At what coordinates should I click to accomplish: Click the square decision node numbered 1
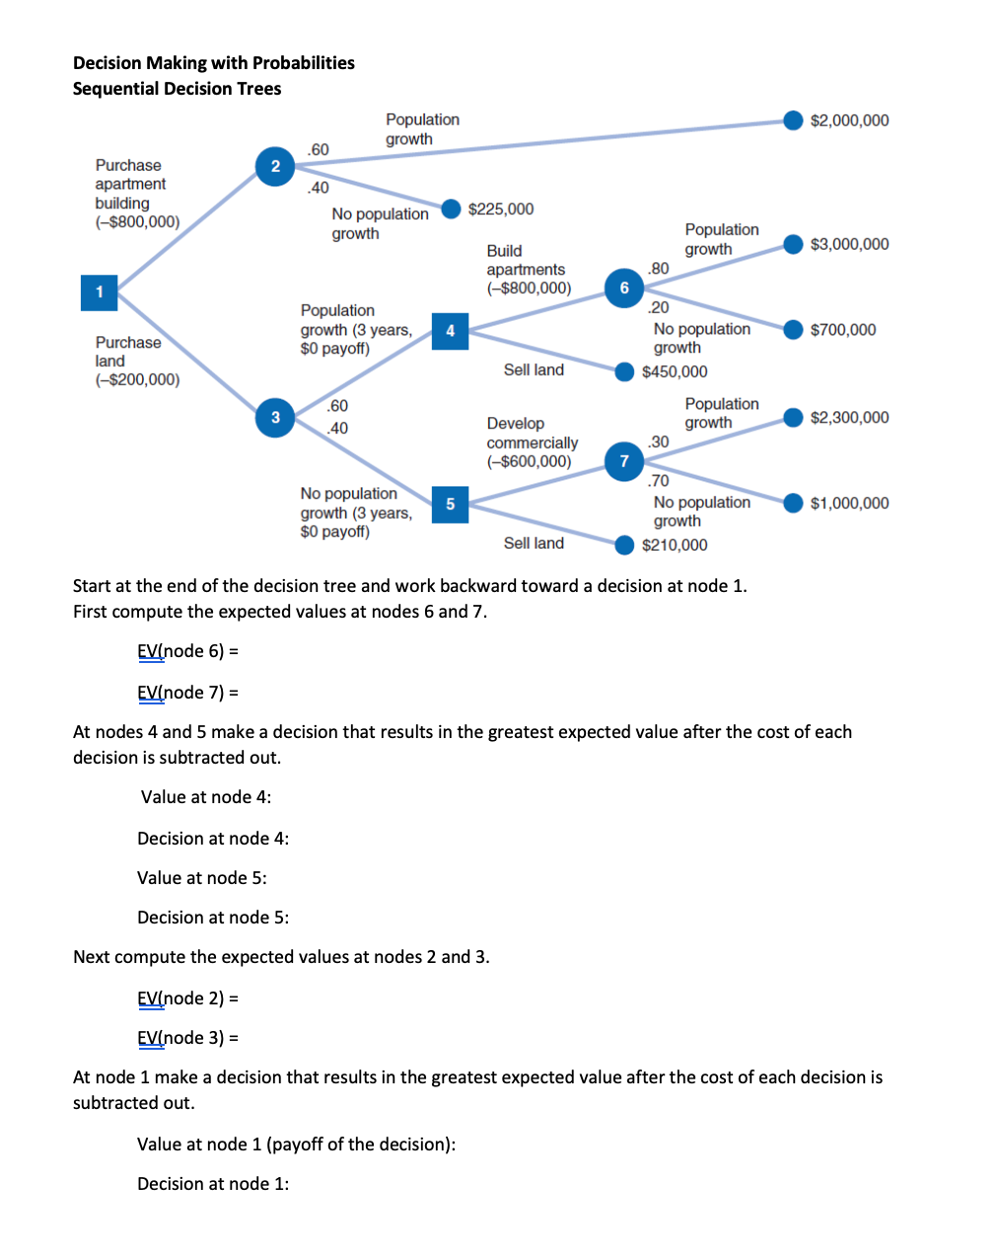pos(99,292)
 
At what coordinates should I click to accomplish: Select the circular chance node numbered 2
pos(275,166)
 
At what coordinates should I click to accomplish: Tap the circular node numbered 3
pos(275,417)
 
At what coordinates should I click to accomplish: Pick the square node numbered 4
pos(450,331)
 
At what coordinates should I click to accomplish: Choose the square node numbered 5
pos(450,504)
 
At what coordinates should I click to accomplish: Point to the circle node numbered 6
pos(623,288)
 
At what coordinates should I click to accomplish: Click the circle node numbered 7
pos(623,461)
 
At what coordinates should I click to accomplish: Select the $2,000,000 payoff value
pos(849,120)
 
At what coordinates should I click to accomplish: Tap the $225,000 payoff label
pos(501,209)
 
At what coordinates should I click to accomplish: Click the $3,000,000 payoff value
pos(849,244)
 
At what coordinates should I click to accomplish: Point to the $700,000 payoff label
pos(842,330)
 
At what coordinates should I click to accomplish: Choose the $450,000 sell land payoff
pos(675,372)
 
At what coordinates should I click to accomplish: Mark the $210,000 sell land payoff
pos(675,545)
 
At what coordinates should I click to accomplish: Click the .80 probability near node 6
pos(659,268)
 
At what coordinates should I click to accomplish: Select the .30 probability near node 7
pos(659,442)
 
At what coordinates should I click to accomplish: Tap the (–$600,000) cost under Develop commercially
pos(529,462)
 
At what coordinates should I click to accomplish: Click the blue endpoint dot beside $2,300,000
pos(793,417)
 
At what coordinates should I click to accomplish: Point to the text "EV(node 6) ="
pos(187,651)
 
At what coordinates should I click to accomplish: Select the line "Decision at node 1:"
pos(213,1184)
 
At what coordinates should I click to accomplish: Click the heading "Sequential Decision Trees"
pos(177,89)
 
